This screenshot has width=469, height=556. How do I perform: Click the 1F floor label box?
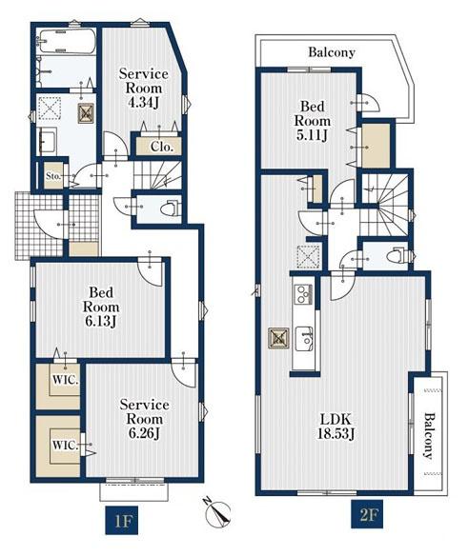121,521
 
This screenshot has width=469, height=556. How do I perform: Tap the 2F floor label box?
367,514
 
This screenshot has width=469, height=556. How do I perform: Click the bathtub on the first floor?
67,41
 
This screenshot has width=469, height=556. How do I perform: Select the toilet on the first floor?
170,209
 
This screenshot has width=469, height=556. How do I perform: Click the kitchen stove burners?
303,294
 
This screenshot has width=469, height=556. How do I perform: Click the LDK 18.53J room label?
336,427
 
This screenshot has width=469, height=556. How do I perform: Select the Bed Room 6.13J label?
101,308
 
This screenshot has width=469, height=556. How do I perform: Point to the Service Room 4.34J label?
143,88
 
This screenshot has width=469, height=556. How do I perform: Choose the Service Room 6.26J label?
145,419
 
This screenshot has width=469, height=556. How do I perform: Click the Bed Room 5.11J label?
313,121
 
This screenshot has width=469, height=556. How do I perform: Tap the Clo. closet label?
161,147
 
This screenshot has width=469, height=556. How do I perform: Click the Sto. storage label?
53,176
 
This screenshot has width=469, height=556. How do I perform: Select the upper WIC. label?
66,380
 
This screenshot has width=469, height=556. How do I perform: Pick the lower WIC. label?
66,445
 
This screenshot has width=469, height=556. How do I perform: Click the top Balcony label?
332,52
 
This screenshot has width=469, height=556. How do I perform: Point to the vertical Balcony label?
429,436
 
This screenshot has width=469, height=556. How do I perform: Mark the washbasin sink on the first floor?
48,141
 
